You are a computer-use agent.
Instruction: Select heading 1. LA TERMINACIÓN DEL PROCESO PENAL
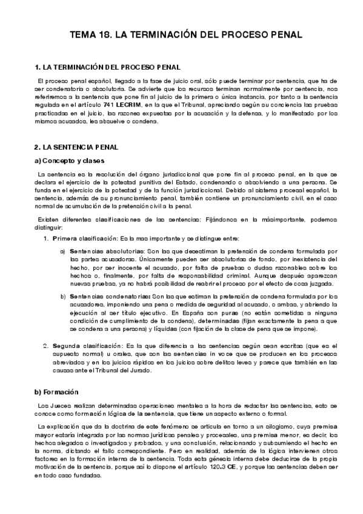pos(107,66)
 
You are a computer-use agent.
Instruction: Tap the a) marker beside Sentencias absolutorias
pos(62,250)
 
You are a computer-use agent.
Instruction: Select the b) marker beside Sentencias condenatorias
pos(62,296)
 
